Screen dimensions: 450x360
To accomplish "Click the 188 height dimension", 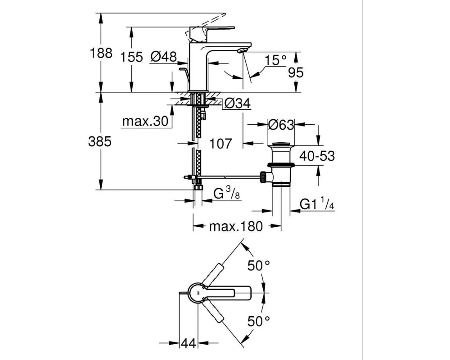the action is click(101, 53).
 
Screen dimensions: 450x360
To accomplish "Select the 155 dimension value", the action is click(131, 57).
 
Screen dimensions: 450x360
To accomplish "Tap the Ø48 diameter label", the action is click(164, 57).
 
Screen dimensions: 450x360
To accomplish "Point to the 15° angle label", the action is click(275, 60).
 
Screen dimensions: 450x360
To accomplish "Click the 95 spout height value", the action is click(296, 72).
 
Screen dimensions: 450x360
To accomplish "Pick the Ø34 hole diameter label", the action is click(237, 103).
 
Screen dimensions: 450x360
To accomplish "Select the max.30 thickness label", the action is click(145, 121).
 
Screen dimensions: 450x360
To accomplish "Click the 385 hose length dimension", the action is click(99, 142).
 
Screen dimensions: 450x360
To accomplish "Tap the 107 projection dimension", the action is click(220, 144).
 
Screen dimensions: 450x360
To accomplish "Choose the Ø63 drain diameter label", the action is click(281, 125).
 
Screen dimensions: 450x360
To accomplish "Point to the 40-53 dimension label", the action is click(317, 156).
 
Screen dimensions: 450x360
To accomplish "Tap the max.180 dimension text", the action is click(236, 226).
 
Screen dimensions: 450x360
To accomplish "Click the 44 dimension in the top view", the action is click(189, 343).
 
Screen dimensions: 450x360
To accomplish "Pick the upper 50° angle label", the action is click(259, 265).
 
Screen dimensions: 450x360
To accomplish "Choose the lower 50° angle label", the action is click(259, 321).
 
